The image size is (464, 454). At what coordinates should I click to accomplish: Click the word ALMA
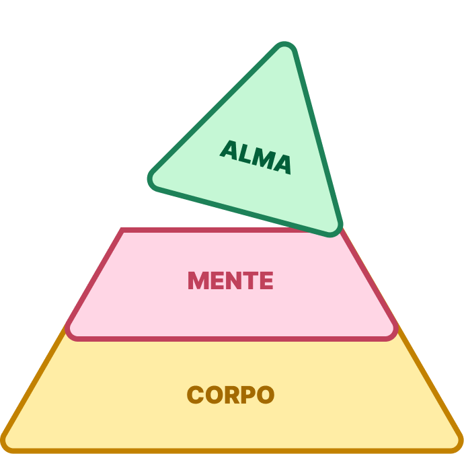click(256, 157)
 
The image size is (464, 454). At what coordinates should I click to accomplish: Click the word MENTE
click(231, 280)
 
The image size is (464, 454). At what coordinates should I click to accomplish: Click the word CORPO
click(231, 394)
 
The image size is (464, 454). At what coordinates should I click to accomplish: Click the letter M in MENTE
click(198, 280)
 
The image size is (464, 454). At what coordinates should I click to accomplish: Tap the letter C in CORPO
click(195, 394)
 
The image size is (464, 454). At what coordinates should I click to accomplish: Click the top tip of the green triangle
click(288, 48)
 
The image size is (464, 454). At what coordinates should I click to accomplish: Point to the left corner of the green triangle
click(152, 180)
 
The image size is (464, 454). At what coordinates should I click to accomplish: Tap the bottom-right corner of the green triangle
click(336, 231)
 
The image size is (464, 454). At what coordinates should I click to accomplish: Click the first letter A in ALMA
click(231, 149)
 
